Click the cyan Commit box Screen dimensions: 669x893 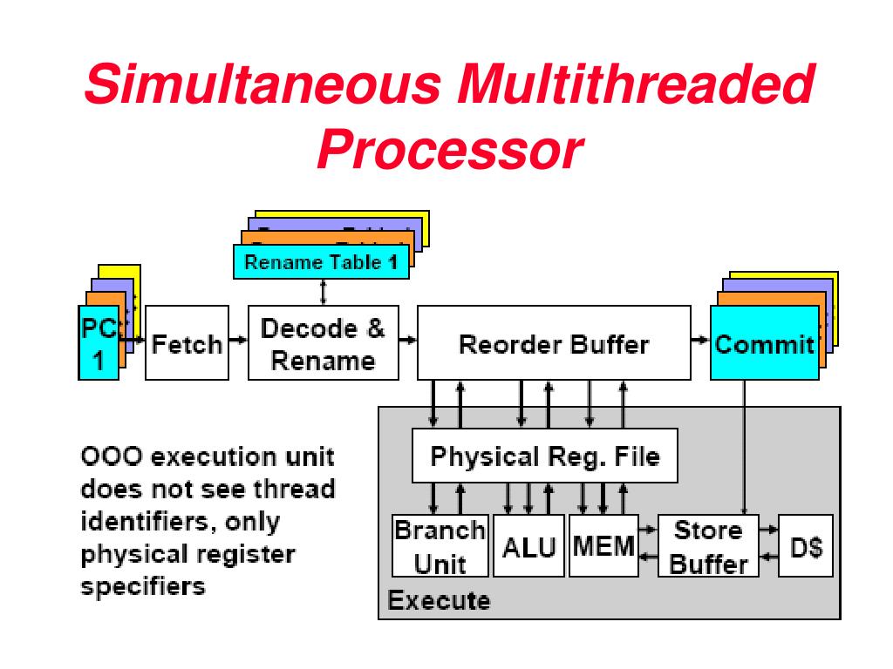764,343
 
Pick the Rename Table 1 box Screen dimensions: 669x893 321,262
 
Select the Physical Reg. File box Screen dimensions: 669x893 545,456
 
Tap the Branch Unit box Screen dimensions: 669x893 440,546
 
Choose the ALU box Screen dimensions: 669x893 528,546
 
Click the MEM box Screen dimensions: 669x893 603,546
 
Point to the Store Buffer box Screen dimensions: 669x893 708,546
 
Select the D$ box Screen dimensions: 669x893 805,546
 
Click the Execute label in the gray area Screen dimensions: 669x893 439,600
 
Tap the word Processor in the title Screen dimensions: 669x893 448,150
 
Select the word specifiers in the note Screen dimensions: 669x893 143,586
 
